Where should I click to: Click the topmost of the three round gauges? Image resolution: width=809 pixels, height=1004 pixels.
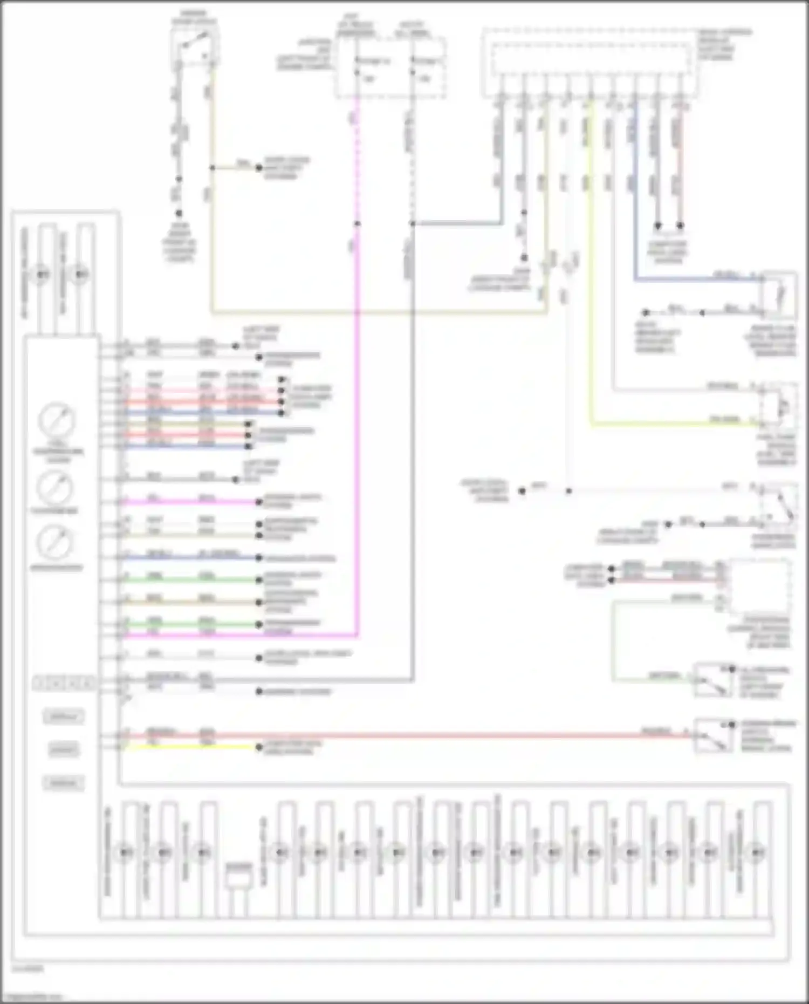(56, 420)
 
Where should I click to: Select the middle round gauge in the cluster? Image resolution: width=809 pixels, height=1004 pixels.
(54, 487)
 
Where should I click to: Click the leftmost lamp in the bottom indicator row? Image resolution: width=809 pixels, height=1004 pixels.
(125, 852)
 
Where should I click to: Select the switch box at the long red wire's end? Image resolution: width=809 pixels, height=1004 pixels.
(713, 735)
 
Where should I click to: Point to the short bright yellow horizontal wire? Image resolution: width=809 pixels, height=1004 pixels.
(189, 747)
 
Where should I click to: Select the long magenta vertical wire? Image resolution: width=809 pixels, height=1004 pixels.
(357, 432)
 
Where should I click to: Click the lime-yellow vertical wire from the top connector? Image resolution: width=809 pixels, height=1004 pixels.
(592, 270)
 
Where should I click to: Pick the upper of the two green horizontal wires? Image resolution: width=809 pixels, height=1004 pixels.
(189, 580)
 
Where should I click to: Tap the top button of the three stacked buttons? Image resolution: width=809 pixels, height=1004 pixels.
(64, 717)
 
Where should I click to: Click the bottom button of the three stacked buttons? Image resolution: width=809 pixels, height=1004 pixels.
(64, 783)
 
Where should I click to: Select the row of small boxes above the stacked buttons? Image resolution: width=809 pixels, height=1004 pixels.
(64, 684)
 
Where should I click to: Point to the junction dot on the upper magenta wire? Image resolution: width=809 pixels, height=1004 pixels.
(357, 223)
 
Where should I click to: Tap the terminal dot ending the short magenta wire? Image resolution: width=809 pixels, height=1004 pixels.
(259, 502)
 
